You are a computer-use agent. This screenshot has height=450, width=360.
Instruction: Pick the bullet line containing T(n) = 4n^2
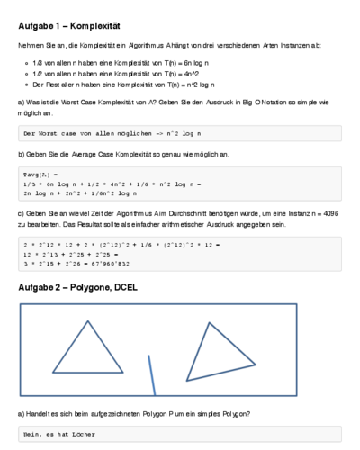tap(118, 73)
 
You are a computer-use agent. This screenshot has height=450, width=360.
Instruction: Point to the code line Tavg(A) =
tap(40, 173)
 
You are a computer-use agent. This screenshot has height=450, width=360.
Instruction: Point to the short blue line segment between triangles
tap(152, 378)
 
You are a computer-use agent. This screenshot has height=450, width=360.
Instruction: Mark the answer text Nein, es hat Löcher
tap(58, 435)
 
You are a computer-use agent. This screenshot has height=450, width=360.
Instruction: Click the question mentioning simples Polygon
tap(135, 413)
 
